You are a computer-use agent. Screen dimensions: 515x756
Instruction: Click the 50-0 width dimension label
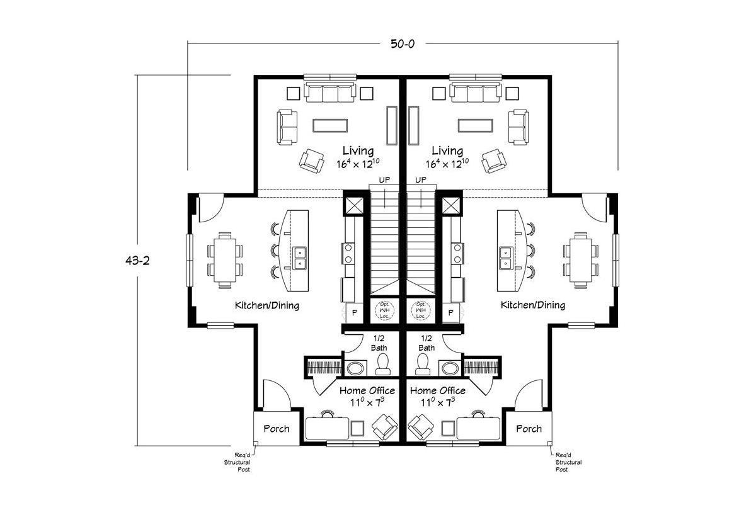tap(402, 43)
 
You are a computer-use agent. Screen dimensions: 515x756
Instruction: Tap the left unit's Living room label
tap(358, 151)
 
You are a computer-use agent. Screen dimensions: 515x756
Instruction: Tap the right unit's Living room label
tap(447, 151)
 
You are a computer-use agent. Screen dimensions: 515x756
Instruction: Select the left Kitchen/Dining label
tap(267, 305)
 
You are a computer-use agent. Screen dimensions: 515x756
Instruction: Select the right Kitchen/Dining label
tap(532, 305)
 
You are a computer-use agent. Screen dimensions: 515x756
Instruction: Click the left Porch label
tap(276, 429)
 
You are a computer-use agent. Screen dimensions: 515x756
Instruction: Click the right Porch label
tap(529, 429)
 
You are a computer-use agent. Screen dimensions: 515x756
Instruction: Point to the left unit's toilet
tap(382, 364)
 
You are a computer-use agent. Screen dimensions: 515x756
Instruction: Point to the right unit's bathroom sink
tap(450, 368)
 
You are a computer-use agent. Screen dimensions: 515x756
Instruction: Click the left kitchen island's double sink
tap(299, 257)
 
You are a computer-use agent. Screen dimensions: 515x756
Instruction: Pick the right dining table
tap(580, 259)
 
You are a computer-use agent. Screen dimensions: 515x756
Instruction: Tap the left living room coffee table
tap(330, 125)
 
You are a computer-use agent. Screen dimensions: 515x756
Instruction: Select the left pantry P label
tap(353, 313)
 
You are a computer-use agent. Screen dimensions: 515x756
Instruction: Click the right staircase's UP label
tap(421, 180)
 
